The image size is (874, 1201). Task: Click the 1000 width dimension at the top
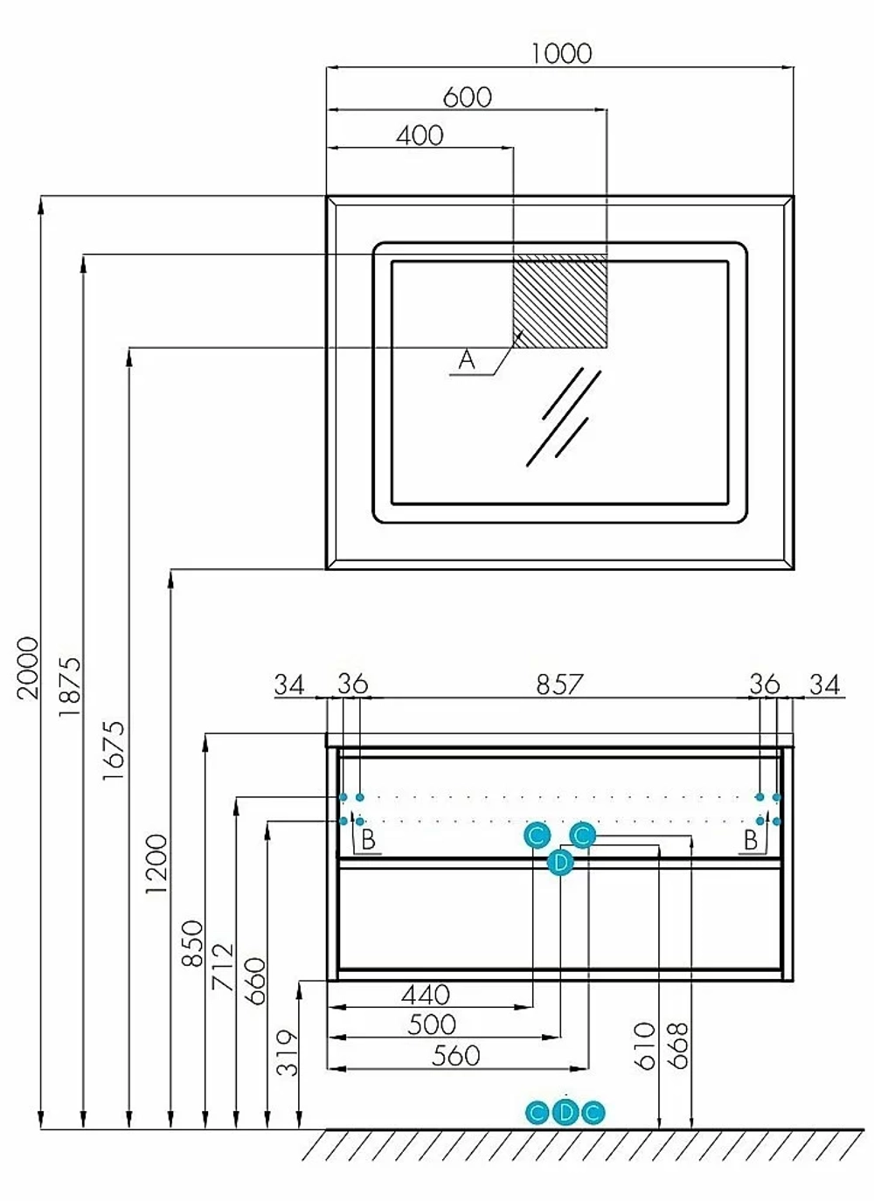(561, 53)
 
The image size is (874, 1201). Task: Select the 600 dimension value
(467, 97)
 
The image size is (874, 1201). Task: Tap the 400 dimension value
(420, 135)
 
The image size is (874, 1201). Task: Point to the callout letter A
(467, 360)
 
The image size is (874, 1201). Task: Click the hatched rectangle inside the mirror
(559, 302)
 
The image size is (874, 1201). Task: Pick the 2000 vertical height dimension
(29, 668)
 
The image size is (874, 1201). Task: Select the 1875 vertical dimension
(70, 687)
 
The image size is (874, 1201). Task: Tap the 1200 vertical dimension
(156, 864)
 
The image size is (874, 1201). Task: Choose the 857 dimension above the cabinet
(559, 684)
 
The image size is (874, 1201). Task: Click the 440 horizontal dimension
(426, 995)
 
